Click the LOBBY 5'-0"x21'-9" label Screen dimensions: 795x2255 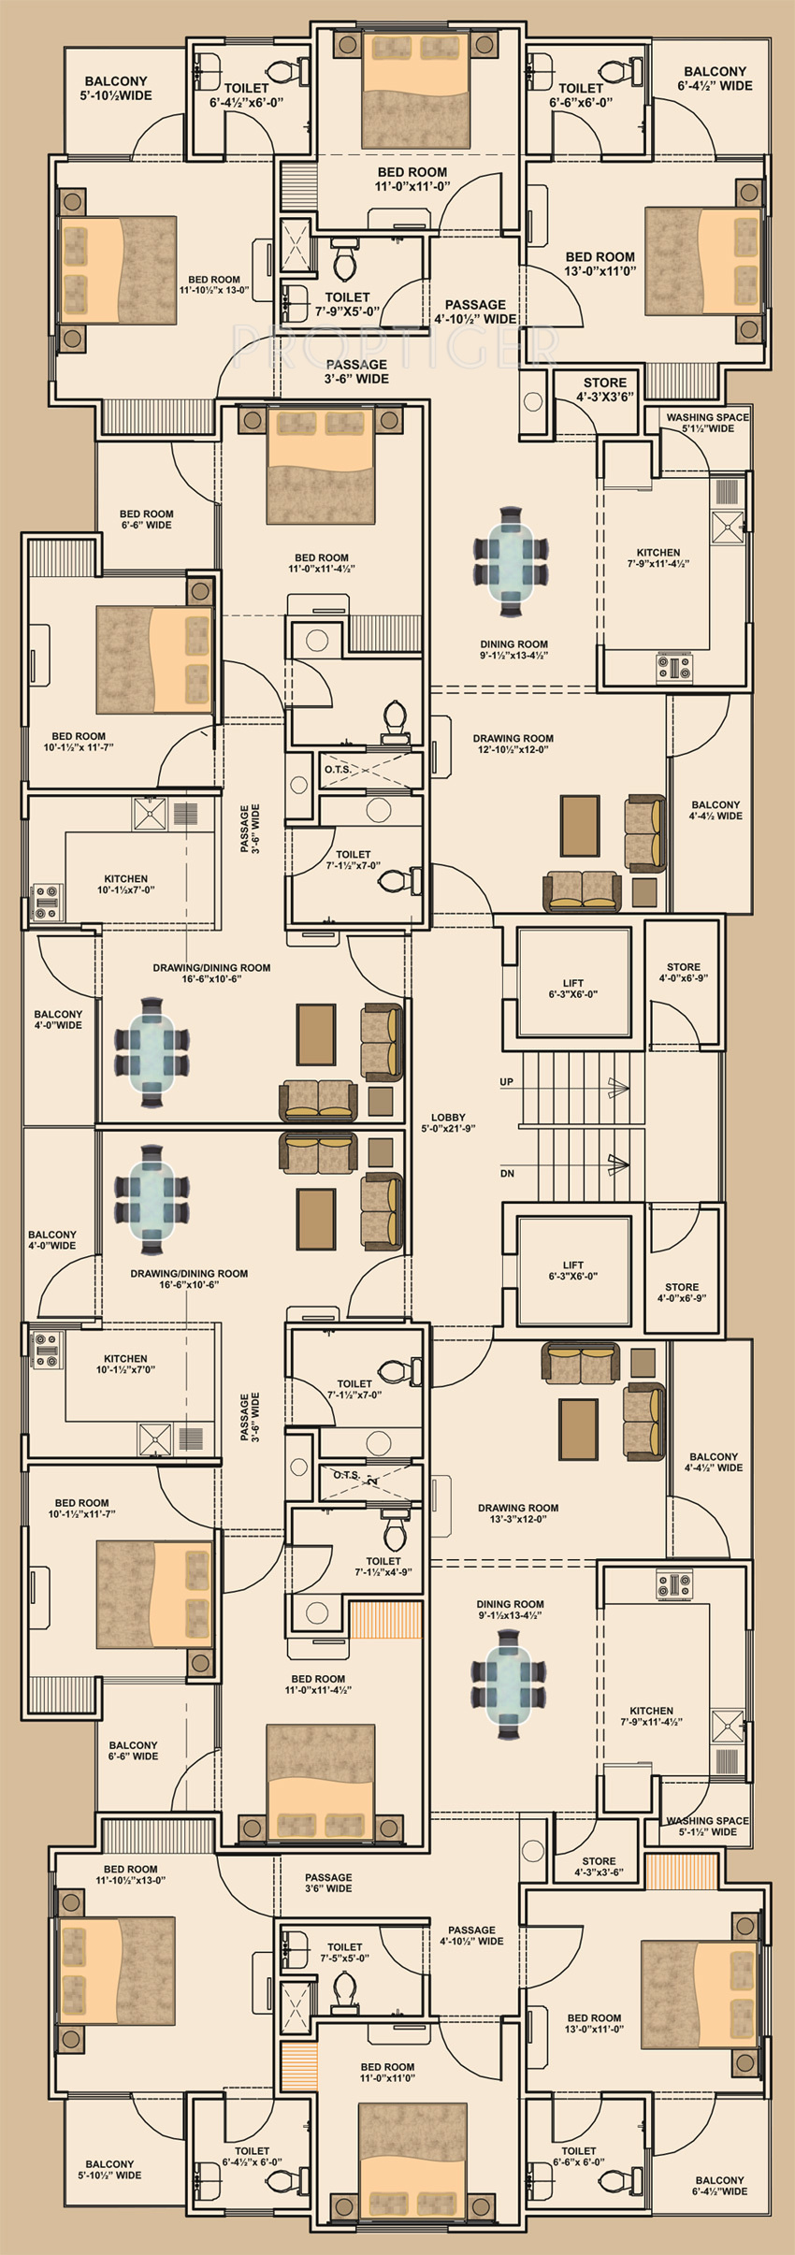click(x=448, y=1122)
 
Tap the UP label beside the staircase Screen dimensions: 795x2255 click(x=506, y=1082)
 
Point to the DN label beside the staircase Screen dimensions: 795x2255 click(x=507, y=1173)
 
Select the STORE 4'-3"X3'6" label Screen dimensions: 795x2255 click(x=605, y=389)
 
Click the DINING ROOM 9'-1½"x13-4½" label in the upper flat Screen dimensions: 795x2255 click(x=513, y=650)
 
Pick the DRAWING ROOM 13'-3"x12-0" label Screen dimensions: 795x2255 click(x=518, y=1513)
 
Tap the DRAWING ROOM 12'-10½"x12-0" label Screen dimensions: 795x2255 click(x=513, y=744)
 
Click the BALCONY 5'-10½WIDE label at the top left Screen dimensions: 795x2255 click(x=116, y=88)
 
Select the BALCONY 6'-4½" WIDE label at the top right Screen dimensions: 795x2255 click(x=715, y=78)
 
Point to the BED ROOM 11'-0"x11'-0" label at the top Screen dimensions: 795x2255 click(x=412, y=179)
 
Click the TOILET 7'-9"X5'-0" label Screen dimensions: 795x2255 click(x=347, y=304)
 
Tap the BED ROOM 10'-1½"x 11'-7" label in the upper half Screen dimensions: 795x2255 click(x=79, y=742)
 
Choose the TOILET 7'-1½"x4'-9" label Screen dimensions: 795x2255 click(x=383, y=1567)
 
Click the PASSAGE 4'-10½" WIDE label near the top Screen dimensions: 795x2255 click(x=475, y=311)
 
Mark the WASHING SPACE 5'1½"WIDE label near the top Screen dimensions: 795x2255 click(x=708, y=423)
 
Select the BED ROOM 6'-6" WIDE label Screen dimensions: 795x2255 click(x=147, y=519)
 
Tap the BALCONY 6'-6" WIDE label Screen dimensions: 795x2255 click(x=133, y=1751)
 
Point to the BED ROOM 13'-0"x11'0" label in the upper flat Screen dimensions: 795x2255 click(x=600, y=263)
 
